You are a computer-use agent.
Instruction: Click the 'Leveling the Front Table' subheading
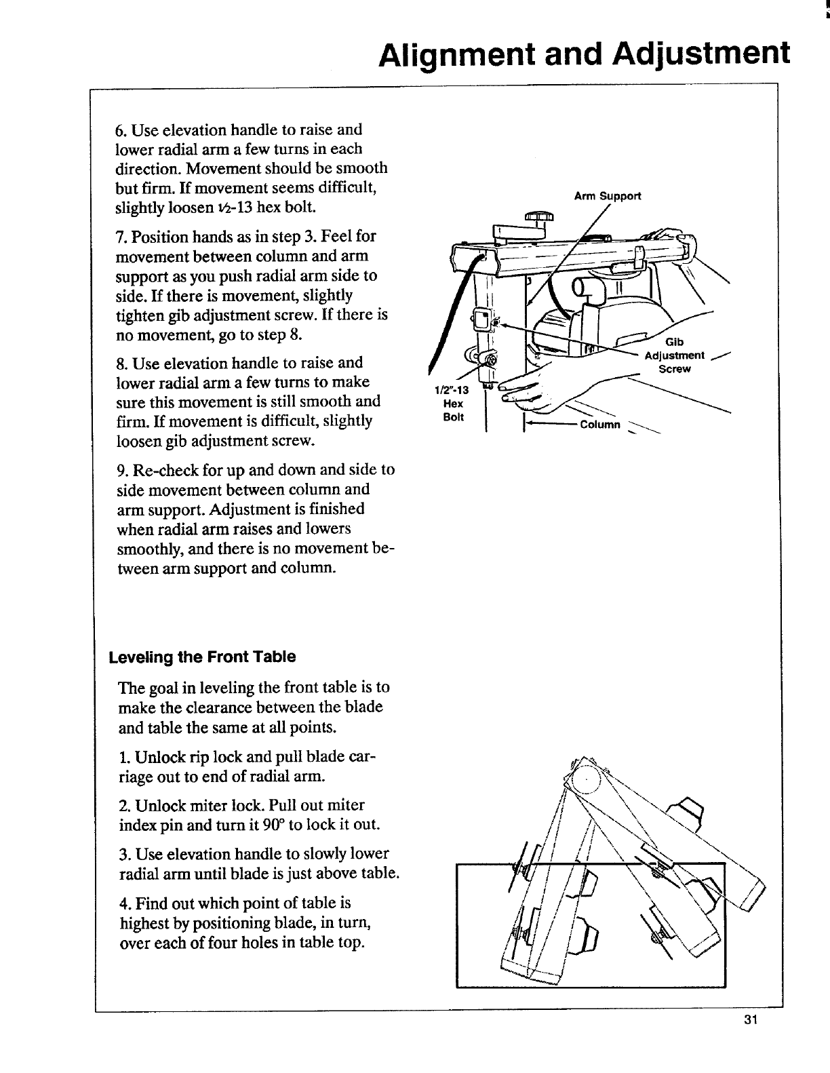[x=202, y=657]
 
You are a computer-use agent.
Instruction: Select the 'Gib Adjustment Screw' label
[x=675, y=355]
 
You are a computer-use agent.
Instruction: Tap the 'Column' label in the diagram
[x=599, y=425]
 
